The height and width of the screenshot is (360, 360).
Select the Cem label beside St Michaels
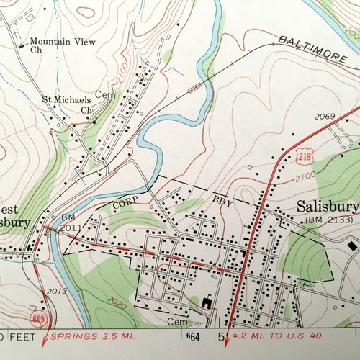click(106, 94)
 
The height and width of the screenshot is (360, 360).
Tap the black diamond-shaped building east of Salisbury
click(352, 246)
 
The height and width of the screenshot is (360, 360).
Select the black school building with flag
click(208, 302)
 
